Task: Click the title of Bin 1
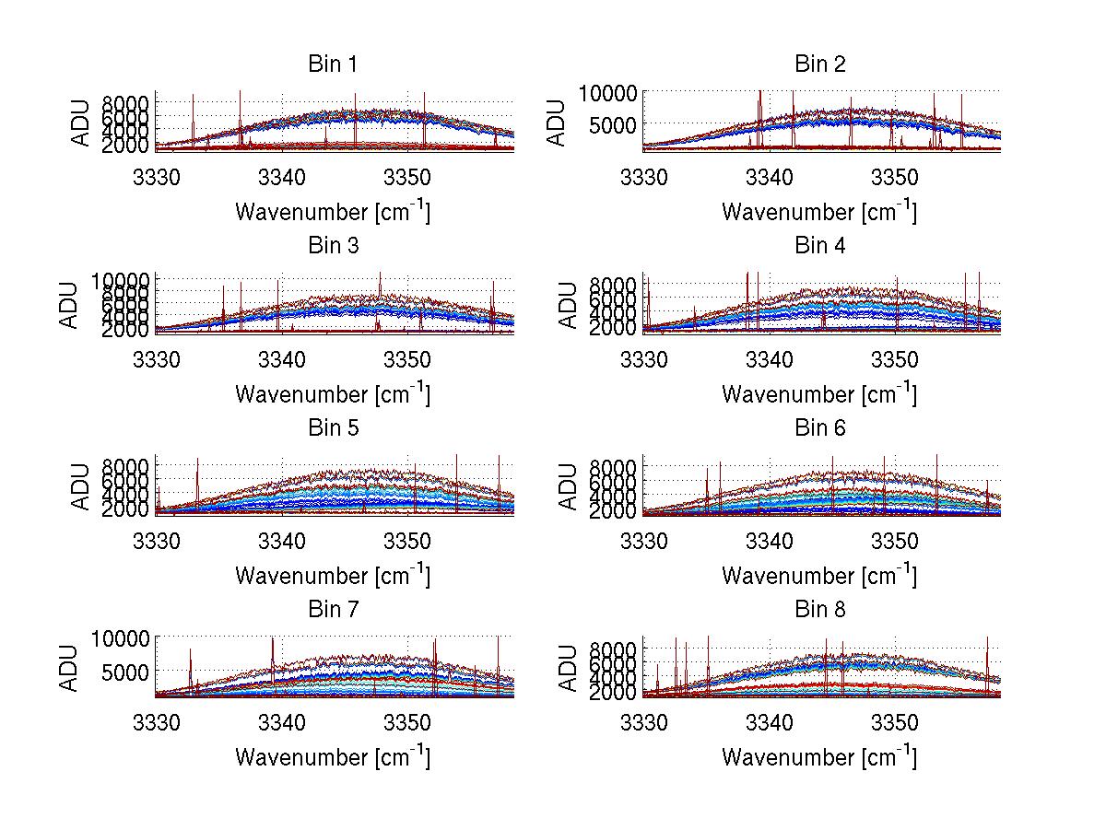(x=333, y=64)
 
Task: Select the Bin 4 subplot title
(x=819, y=246)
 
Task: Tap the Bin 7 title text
(x=333, y=610)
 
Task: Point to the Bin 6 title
(x=819, y=428)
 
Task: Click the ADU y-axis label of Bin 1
(x=82, y=122)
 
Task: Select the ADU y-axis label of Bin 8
(x=569, y=667)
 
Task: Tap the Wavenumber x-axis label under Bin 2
(x=819, y=211)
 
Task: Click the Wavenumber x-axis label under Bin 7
(x=333, y=757)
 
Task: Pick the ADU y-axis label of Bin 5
(x=82, y=485)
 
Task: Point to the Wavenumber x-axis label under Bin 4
(x=819, y=393)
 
